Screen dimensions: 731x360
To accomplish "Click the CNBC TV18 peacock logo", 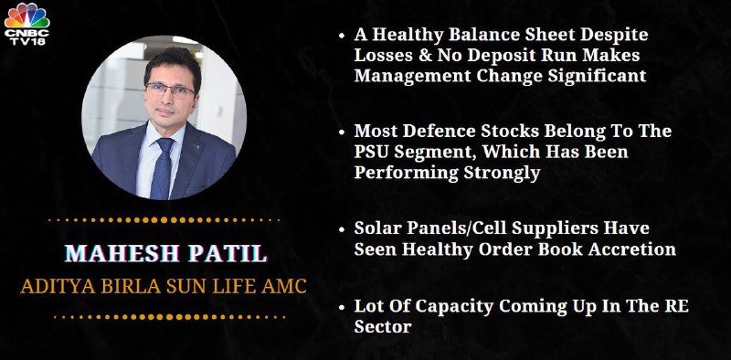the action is [26, 24].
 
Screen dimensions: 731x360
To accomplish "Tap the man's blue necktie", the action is [163, 168].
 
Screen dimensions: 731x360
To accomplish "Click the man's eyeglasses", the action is [170, 90].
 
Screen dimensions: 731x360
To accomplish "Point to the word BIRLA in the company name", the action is [129, 286].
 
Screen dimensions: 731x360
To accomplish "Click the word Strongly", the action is [502, 174].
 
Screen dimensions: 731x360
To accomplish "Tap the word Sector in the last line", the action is [382, 327].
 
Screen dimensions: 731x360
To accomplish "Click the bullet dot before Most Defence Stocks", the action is [342, 132].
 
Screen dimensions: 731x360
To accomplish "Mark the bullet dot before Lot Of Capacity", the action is [342, 308].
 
